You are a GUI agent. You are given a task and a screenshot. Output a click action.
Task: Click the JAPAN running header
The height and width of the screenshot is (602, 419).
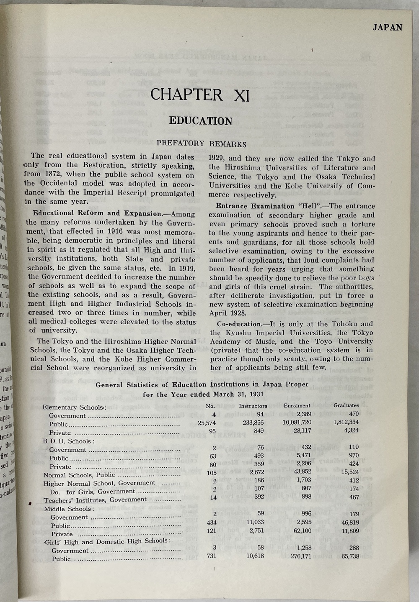point(387,28)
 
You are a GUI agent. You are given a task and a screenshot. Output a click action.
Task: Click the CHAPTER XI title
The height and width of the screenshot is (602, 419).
point(200,95)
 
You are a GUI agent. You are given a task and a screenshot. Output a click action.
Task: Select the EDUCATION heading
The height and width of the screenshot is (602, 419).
point(201,121)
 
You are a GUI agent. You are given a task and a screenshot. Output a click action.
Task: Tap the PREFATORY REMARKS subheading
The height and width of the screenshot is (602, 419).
point(201,143)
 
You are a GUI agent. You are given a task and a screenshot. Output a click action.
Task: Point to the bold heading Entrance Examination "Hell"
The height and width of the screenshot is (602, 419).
point(269,206)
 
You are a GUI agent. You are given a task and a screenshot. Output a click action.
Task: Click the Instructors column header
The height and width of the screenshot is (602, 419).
point(253,405)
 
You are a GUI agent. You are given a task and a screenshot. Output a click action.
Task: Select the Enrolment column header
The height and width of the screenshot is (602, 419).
point(297,405)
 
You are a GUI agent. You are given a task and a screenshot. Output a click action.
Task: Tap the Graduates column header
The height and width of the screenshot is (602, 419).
point(346,405)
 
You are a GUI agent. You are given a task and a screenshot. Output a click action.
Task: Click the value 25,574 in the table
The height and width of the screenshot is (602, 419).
point(207,423)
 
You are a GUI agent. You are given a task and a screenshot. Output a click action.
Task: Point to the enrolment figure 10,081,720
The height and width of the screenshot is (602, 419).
point(297,423)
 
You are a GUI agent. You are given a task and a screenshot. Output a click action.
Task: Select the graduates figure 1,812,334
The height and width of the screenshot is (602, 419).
point(346,422)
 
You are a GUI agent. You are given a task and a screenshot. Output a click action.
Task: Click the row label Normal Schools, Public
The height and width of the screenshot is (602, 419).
point(79,475)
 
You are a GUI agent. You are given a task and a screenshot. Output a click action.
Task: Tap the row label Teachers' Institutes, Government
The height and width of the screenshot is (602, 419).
point(95,500)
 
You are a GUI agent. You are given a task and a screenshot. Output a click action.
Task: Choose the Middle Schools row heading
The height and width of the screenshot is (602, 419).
point(69,509)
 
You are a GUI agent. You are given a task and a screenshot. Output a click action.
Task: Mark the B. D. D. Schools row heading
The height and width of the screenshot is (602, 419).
point(68,441)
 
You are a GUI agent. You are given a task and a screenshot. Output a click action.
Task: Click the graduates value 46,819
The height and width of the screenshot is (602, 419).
point(347,522)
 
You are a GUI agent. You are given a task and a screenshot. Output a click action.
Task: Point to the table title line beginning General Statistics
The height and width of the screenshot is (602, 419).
point(202,384)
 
